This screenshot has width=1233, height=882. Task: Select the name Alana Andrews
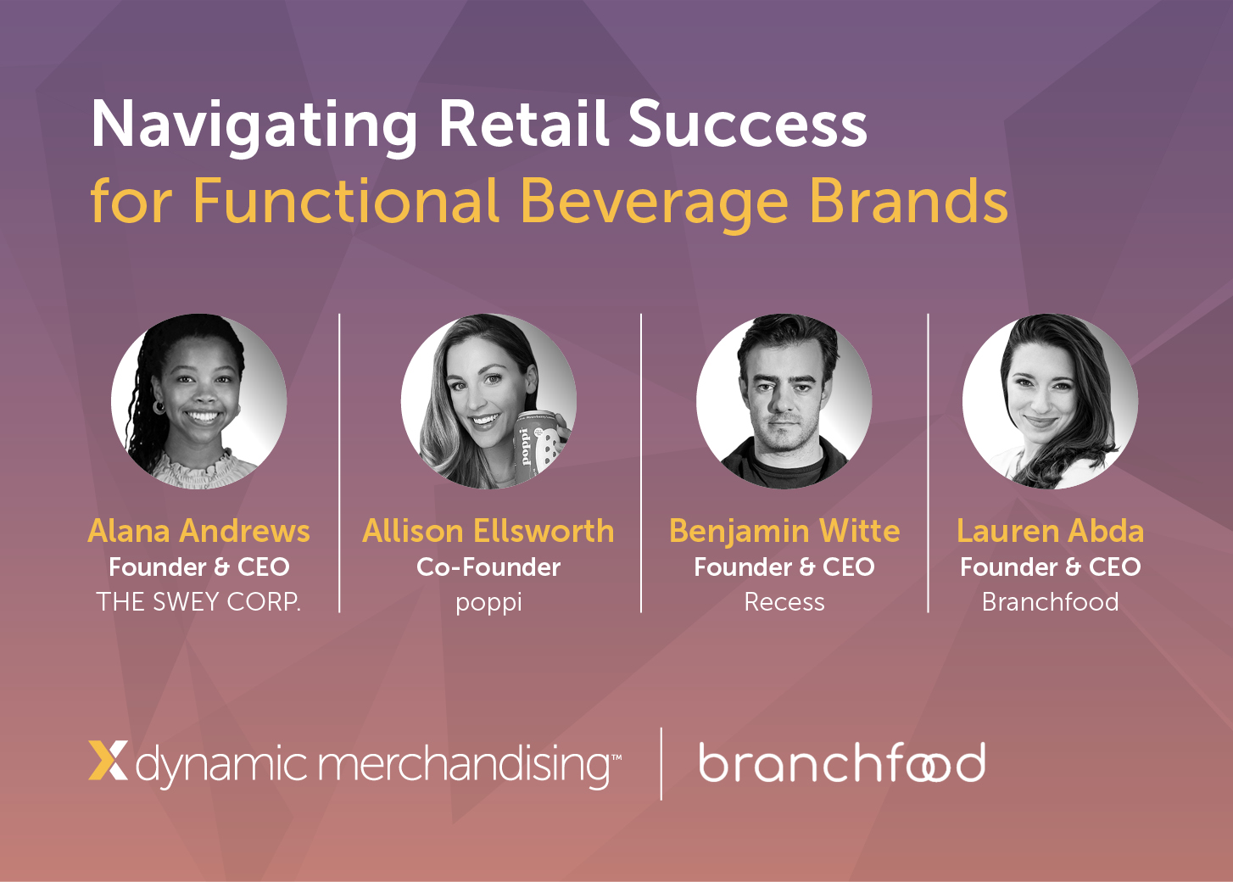click(x=198, y=531)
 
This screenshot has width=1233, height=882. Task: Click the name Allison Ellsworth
click(x=488, y=531)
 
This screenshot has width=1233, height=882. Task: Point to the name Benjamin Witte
click(x=784, y=532)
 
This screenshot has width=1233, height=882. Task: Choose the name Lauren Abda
click(x=1050, y=531)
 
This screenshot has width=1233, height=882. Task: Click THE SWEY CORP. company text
click(x=198, y=602)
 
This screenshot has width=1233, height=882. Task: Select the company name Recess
click(x=784, y=602)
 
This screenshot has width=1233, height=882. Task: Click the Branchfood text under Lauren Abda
click(x=1050, y=602)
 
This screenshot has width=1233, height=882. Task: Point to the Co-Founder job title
click(x=488, y=567)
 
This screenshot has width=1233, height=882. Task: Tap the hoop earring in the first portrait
click(x=159, y=407)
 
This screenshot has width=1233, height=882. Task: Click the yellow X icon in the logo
click(x=108, y=761)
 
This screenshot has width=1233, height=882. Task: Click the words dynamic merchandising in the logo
click(x=378, y=765)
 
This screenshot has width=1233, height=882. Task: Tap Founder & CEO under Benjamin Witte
click(x=784, y=567)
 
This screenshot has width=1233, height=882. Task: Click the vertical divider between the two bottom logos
click(x=661, y=763)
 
